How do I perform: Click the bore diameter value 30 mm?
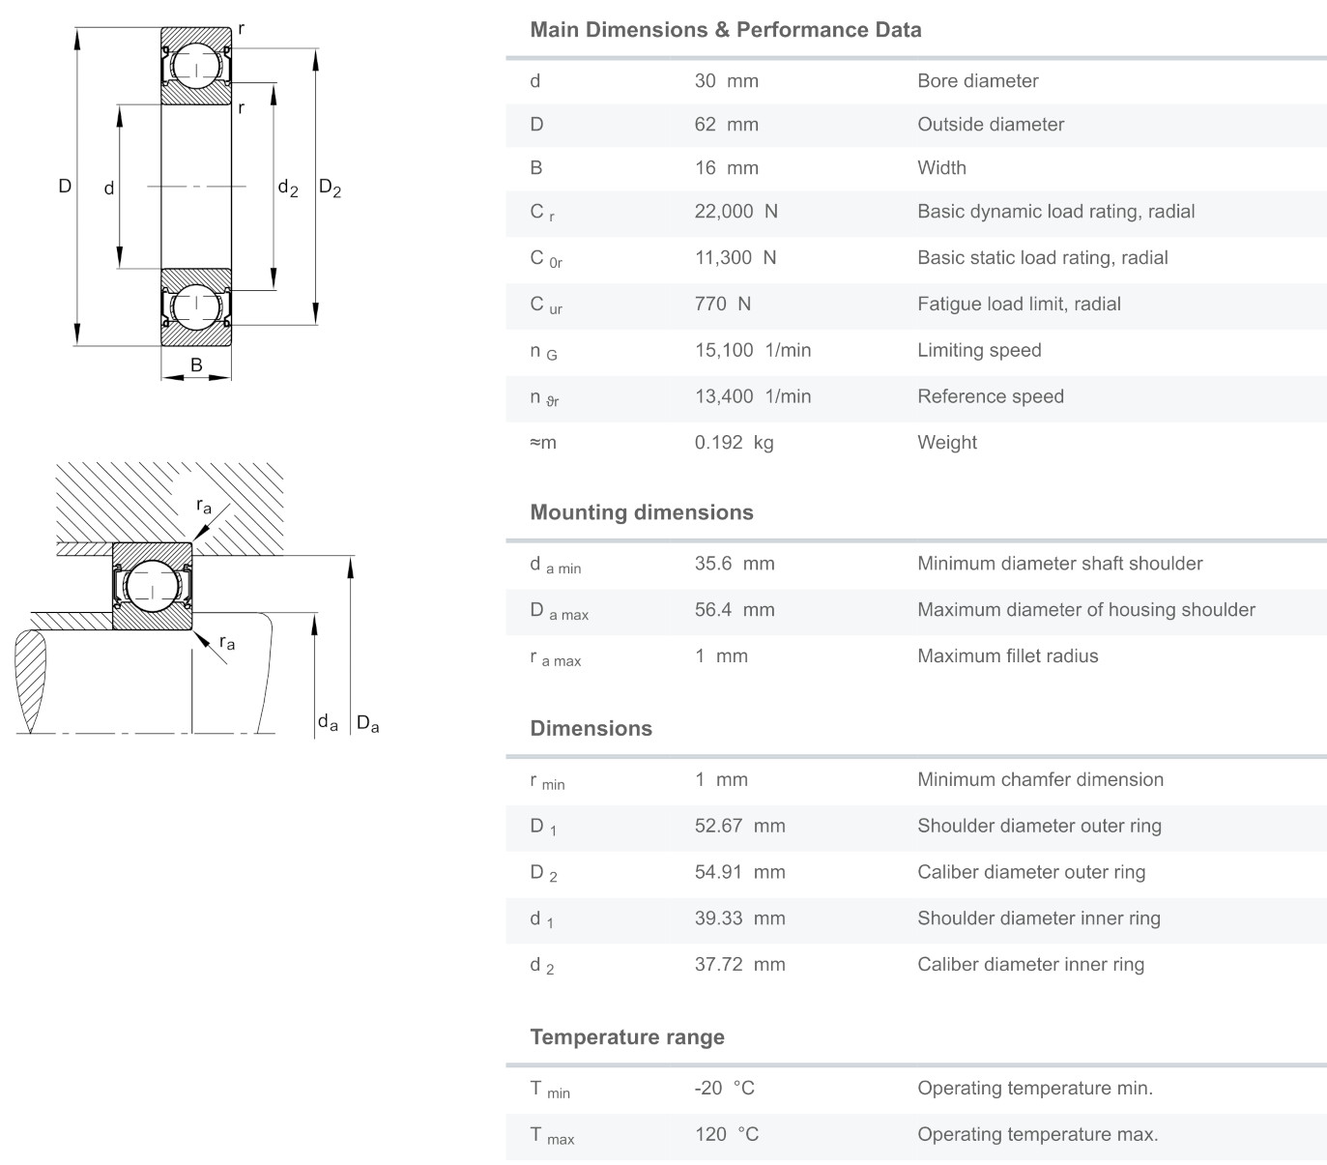pyautogui.click(x=727, y=80)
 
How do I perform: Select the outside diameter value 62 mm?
pyautogui.click(x=727, y=124)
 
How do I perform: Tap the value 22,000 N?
pyautogui.click(x=736, y=211)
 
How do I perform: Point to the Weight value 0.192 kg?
pyautogui.click(x=735, y=442)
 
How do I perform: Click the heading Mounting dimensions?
pyautogui.click(x=641, y=511)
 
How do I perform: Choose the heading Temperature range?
pyautogui.click(x=627, y=1036)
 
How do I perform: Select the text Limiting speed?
pyautogui.click(x=979, y=350)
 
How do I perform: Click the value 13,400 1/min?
pyautogui.click(x=753, y=395)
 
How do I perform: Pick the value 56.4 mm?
pyautogui.click(x=735, y=609)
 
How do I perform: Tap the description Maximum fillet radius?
pyautogui.click(x=1007, y=655)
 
